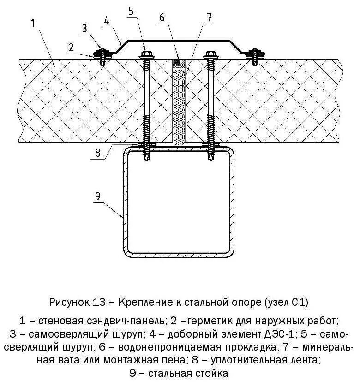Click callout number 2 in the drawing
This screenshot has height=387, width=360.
point(71,47)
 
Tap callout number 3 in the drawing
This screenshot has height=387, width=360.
point(84,29)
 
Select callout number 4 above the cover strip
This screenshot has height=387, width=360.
point(107,21)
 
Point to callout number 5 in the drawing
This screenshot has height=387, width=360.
point(132,12)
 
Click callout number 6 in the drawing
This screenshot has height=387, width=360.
point(162,17)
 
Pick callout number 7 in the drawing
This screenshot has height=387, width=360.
point(210,18)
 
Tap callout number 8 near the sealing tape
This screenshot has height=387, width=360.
point(97,153)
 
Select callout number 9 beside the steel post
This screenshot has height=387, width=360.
point(98,196)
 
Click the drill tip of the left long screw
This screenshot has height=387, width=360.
point(147,158)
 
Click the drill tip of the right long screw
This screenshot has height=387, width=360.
point(212,158)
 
